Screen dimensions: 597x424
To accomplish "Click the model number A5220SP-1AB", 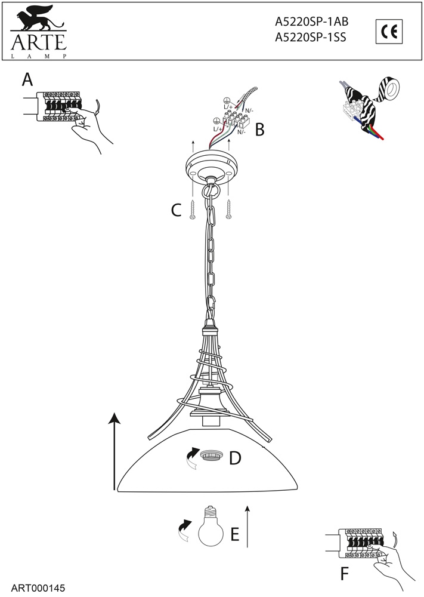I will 311,22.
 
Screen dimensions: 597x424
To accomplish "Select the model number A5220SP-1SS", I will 310,37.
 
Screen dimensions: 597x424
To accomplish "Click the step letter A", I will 27,79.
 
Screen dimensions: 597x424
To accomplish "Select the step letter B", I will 259,129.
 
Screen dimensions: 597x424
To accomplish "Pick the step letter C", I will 176,210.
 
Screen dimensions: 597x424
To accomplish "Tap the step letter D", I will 235,458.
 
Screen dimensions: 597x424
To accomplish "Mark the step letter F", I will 344,574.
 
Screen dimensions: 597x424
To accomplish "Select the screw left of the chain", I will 192,211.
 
